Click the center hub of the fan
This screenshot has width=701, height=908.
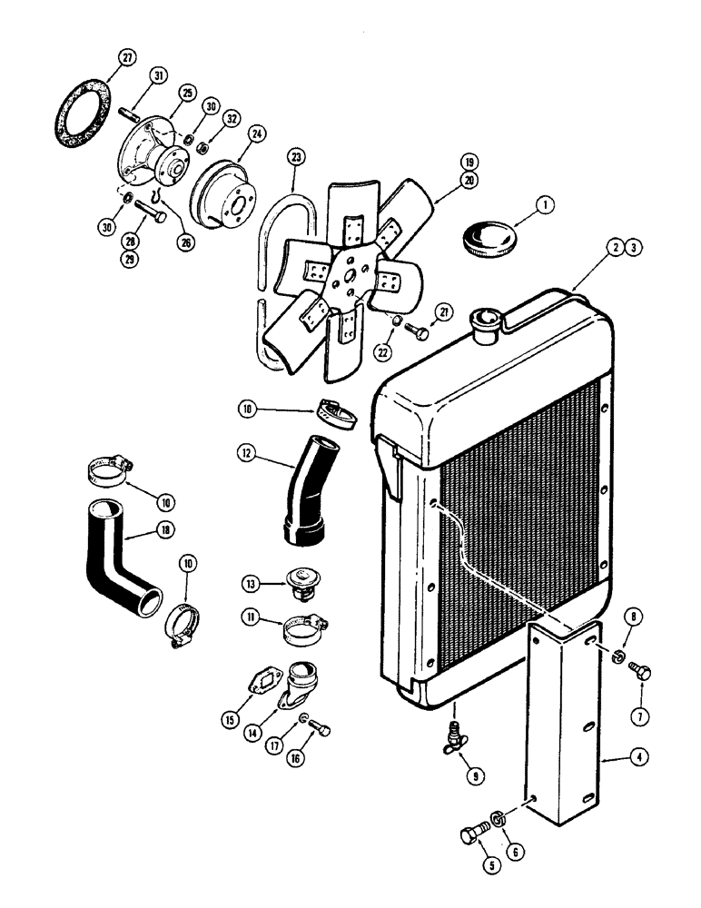tap(347, 278)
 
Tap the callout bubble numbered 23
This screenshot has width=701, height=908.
tap(294, 156)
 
